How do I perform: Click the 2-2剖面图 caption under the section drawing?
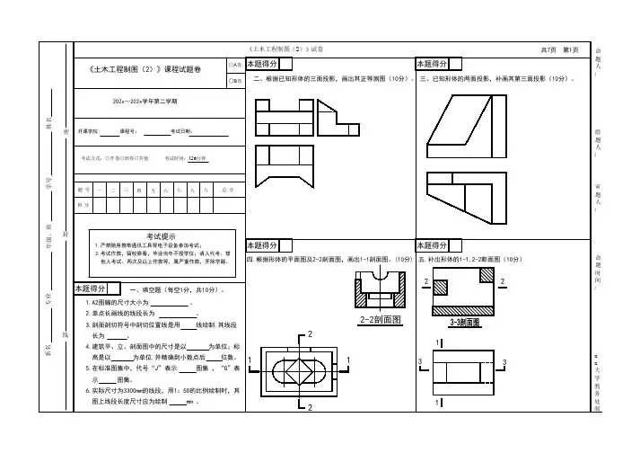click(x=379, y=318)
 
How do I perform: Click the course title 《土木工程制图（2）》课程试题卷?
click(x=147, y=68)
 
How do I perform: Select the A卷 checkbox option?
click(x=235, y=65)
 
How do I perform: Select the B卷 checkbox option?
click(x=235, y=80)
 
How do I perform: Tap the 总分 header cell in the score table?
click(x=229, y=190)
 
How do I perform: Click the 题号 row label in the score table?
click(x=83, y=190)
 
